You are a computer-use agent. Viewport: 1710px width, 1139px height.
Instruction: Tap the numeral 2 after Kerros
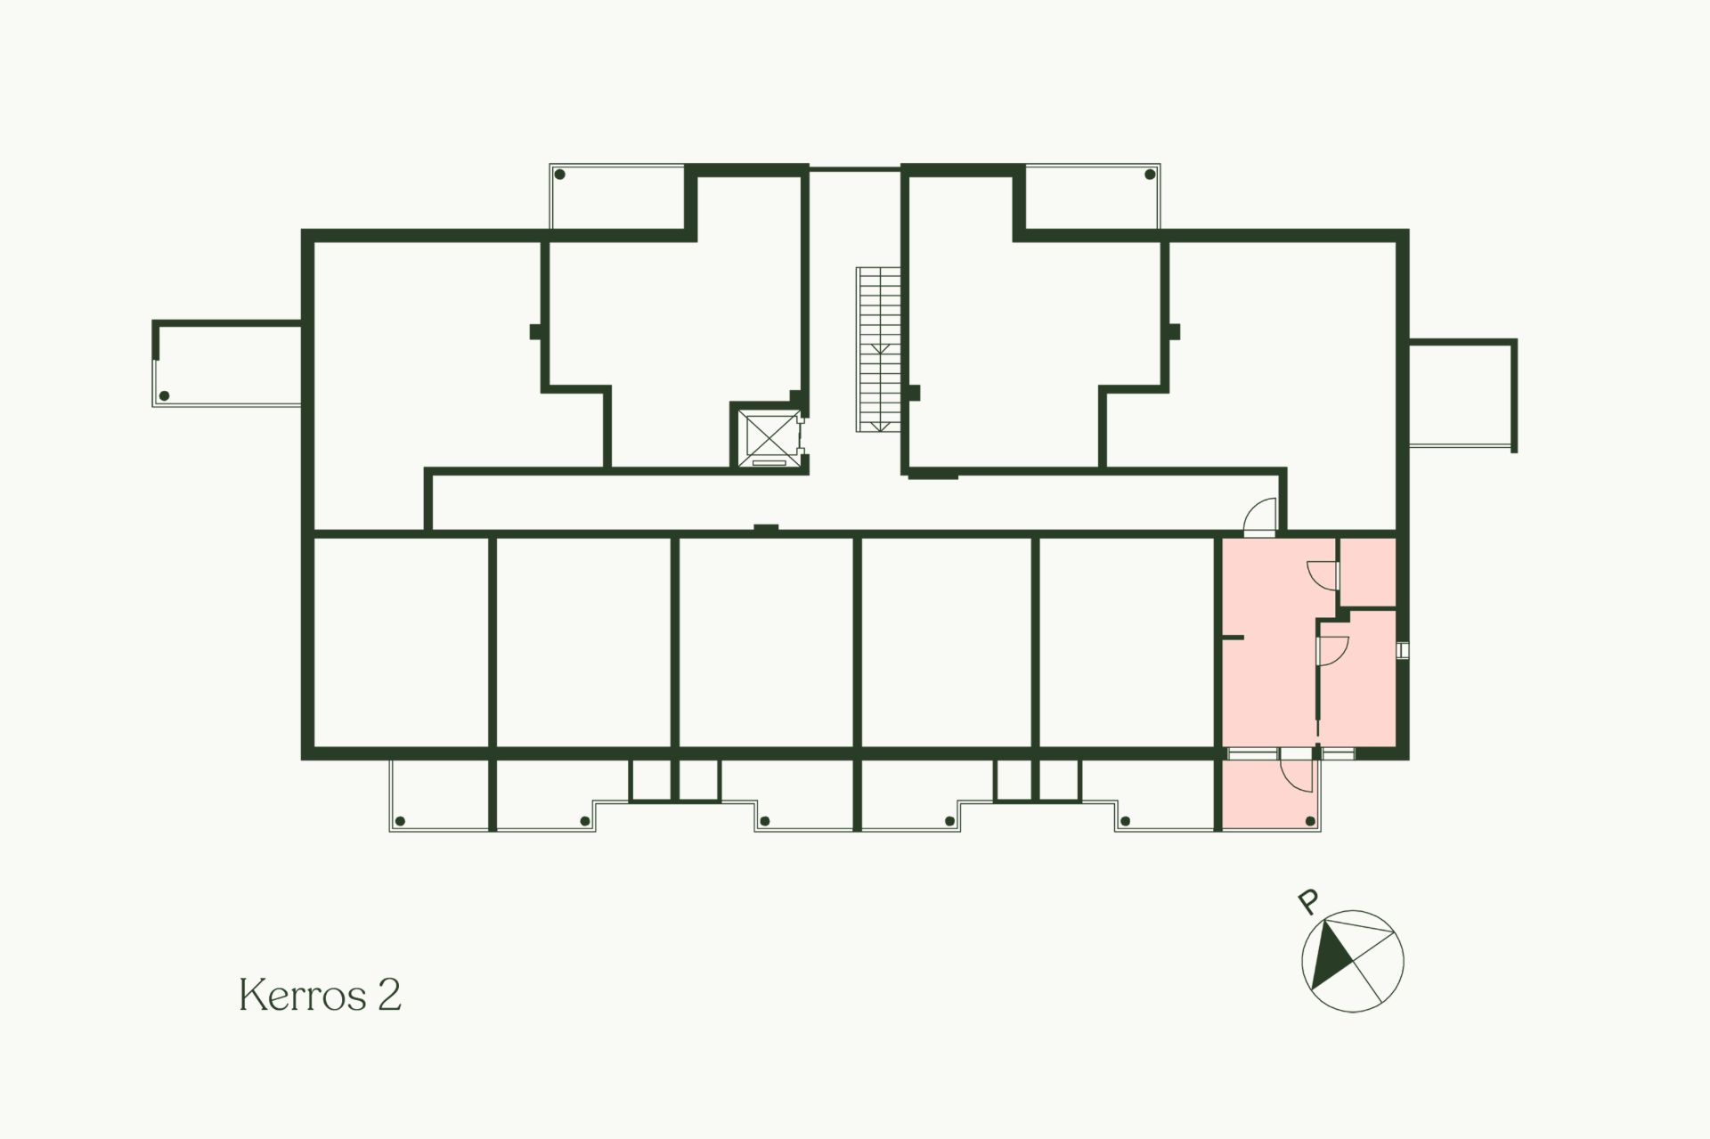click(390, 995)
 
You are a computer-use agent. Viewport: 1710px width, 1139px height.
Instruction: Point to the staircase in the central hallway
click(879, 349)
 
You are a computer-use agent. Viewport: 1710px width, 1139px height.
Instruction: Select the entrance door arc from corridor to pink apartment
click(1259, 517)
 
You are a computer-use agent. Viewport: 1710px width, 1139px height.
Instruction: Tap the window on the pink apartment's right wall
click(1402, 650)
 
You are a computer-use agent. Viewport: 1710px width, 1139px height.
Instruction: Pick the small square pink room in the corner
click(1367, 573)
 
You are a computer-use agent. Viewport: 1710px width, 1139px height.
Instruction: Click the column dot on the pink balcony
click(1310, 820)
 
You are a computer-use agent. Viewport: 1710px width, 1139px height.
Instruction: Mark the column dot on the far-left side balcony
click(164, 396)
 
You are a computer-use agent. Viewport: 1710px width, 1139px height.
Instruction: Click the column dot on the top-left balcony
click(559, 175)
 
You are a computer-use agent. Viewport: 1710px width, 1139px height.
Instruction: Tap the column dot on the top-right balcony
click(1148, 175)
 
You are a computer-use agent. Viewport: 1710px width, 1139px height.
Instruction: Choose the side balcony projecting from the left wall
click(227, 363)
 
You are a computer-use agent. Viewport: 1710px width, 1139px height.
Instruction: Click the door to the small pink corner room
click(1323, 574)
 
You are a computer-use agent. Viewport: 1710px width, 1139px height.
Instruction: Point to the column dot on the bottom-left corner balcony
click(400, 820)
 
